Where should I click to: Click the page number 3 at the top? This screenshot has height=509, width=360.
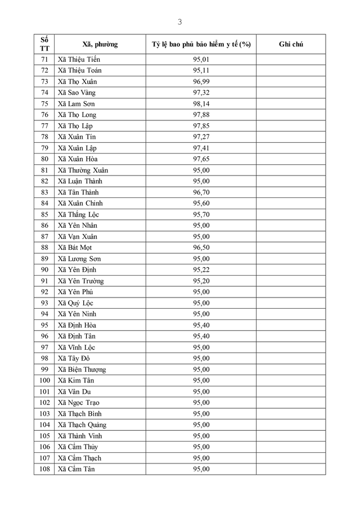pyautogui.click(x=179, y=22)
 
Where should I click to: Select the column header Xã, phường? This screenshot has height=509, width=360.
pyautogui.click(x=100, y=44)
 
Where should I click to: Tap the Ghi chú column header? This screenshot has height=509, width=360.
pyautogui.click(x=291, y=44)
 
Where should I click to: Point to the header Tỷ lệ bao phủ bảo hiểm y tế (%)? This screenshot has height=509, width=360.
pyautogui.click(x=201, y=44)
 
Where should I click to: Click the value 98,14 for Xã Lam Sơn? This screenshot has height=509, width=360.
pyautogui.click(x=201, y=104)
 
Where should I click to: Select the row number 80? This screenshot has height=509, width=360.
pyautogui.click(x=44, y=159)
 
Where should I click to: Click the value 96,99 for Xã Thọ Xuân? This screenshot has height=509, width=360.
pyautogui.click(x=201, y=82)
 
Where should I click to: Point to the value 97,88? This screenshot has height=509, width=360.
pyautogui.click(x=201, y=115)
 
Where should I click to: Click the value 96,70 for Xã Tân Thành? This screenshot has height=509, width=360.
pyautogui.click(x=201, y=192)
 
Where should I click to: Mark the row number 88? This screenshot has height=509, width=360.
pyautogui.click(x=44, y=247)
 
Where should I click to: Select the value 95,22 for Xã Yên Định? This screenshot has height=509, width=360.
pyautogui.click(x=201, y=270)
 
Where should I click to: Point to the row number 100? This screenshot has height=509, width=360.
pyautogui.click(x=44, y=381)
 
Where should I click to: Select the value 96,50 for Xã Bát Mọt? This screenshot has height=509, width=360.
pyautogui.click(x=201, y=247)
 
